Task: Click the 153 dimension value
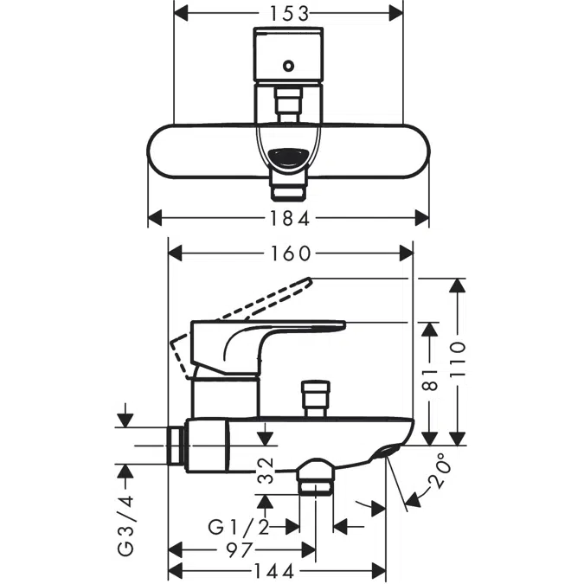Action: click(289, 13)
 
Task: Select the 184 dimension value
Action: click(289, 216)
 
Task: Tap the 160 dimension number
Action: click(290, 253)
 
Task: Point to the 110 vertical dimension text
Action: click(458, 361)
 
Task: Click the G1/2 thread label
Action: click(238, 526)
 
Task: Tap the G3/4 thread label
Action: click(127, 524)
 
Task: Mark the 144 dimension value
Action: click(274, 571)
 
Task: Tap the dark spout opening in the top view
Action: click(289, 157)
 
